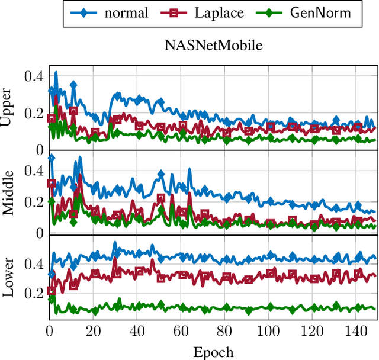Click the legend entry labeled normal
click(x=126, y=13)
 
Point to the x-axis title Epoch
click(x=213, y=352)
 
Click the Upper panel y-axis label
click(x=8, y=107)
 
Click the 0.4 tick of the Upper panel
click(x=33, y=76)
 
